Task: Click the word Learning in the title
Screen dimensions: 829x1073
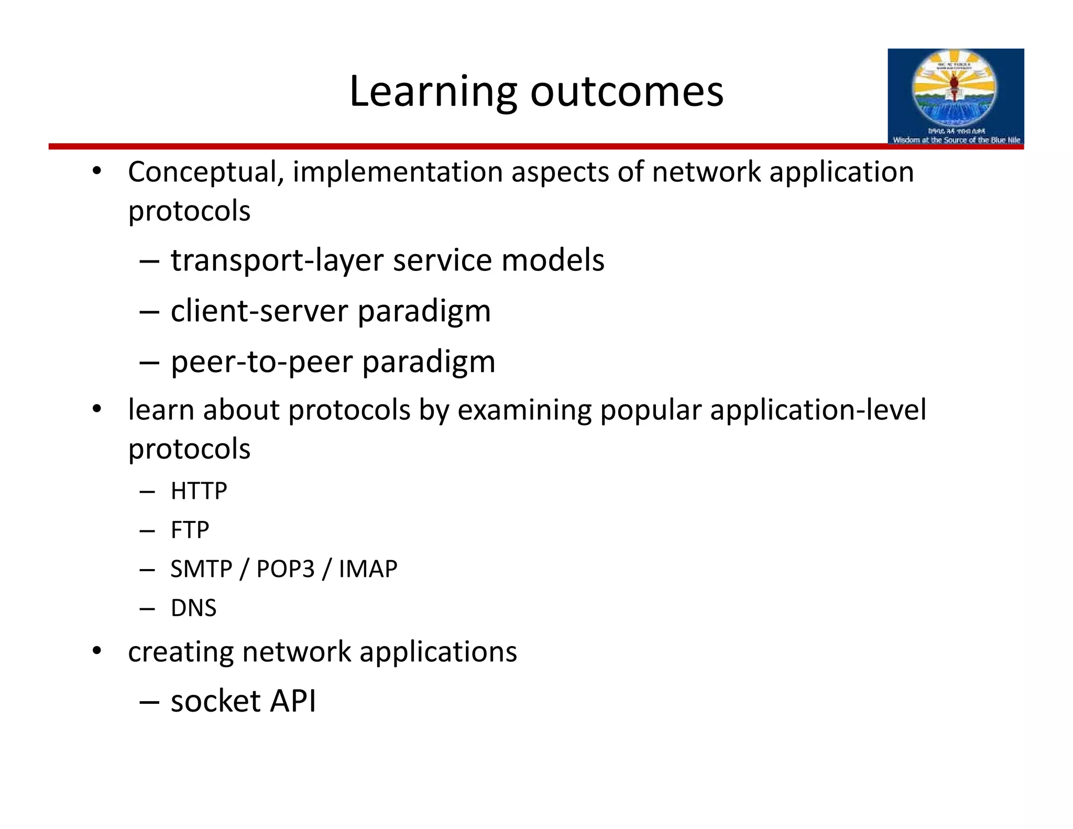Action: point(433,92)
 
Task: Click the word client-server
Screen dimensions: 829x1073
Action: point(259,311)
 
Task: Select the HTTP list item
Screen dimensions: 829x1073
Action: point(199,491)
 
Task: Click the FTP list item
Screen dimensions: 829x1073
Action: point(190,530)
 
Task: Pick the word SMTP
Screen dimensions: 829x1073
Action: point(201,569)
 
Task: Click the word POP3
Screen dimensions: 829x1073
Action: point(286,569)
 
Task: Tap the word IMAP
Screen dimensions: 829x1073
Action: point(368,569)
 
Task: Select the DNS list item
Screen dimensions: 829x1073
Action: point(193,608)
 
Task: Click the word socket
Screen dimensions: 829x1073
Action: point(215,701)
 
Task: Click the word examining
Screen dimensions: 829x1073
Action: point(524,410)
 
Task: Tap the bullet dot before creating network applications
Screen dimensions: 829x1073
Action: point(96,651)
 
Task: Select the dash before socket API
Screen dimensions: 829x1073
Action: point(149,702)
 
